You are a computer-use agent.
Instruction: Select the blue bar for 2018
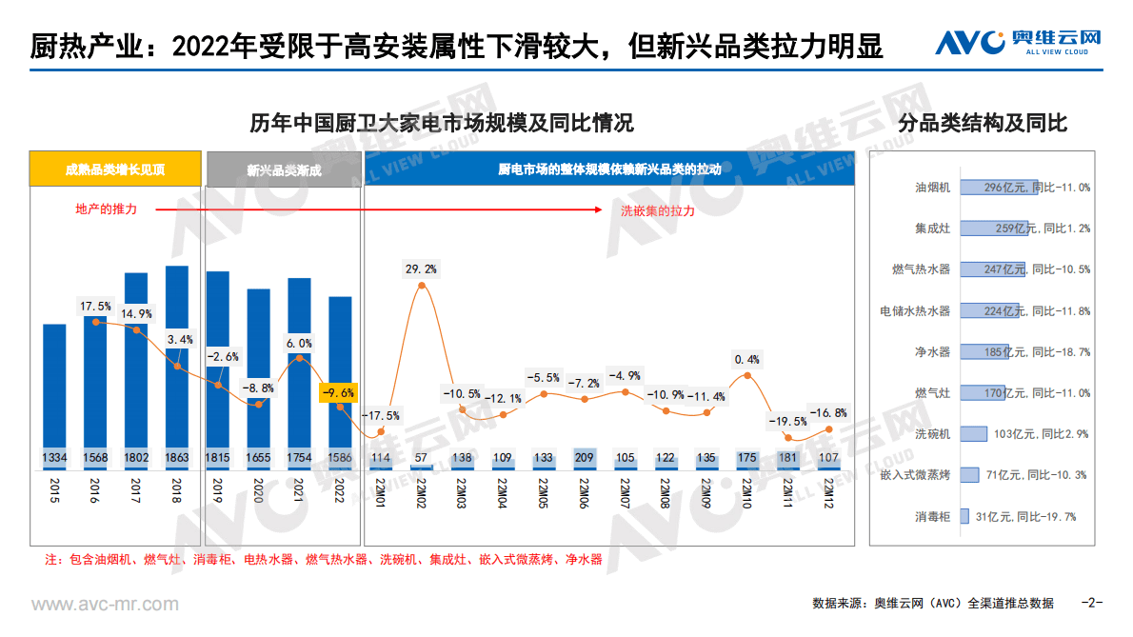click(x=177, y=362)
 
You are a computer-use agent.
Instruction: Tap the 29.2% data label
click(x=422, y=269)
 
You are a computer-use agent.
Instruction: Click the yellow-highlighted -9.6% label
click(x=339, y=391)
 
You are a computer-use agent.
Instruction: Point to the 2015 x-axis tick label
click(x=54, y=490)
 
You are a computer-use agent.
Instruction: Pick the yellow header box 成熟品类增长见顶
click(x=115, y=170)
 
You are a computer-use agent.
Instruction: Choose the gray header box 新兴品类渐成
click(x=284, y=170)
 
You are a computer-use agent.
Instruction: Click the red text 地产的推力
click(x=106, y=209)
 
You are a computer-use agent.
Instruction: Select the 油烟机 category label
click(x=932, y=188)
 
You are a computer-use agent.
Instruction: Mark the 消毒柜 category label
click(x=932, y=516)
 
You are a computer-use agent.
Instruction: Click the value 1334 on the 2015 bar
click(x=54, y=458)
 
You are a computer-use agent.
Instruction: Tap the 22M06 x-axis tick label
click(x=583, y=492)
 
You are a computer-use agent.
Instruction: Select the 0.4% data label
click(x=747, y=360)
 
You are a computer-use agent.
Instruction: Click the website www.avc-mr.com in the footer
click(x=105, y=605)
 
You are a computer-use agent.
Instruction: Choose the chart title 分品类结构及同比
click(x=983, y=124)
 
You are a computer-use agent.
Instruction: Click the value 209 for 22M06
click(x=585, y=458)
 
